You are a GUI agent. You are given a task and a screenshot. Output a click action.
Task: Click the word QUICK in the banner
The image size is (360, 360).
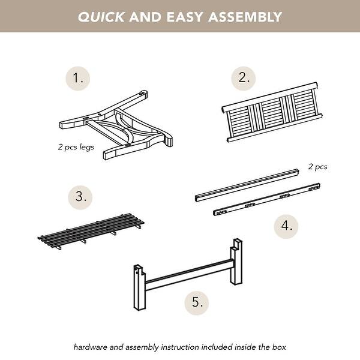click(x=101, y=17)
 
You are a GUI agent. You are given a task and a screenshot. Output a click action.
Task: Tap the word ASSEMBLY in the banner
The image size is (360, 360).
click(x=245, y=17)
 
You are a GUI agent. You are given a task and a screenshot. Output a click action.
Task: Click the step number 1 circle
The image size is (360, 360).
click(x=77, y=79)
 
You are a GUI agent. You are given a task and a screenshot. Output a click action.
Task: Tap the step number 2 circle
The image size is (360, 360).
click(x=244, y=79)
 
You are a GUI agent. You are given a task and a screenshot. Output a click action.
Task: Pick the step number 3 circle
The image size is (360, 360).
click(x=80, y=197)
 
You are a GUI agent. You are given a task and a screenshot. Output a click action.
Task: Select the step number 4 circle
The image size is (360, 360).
click(x=286, y=226)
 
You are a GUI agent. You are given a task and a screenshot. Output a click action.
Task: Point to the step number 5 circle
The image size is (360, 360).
click(x=197, y=302)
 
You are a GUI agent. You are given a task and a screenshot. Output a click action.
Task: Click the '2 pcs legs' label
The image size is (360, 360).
click(x=76, y=147)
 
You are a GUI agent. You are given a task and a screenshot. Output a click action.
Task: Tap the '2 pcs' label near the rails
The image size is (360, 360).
click(x=318, y=167)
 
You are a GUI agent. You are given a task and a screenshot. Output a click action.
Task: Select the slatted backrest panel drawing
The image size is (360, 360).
click(x=272, y=112)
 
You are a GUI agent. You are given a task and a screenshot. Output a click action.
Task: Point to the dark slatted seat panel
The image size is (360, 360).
click(x=91, y=230)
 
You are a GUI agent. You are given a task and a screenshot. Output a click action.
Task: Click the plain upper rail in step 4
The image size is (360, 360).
click(x=247, y=185)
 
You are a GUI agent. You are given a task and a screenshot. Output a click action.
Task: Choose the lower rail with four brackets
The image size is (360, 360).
click(x=267, y=199)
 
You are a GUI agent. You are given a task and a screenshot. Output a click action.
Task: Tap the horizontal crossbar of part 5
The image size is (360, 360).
click(x=189, y=274)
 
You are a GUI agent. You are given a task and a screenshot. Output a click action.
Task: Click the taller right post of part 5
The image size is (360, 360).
click(x=236, y=262)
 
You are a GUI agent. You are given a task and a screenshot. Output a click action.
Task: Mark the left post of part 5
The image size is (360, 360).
click(x=140, y=287)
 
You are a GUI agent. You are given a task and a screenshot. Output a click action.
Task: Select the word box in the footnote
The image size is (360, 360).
click(x=279, y=347)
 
